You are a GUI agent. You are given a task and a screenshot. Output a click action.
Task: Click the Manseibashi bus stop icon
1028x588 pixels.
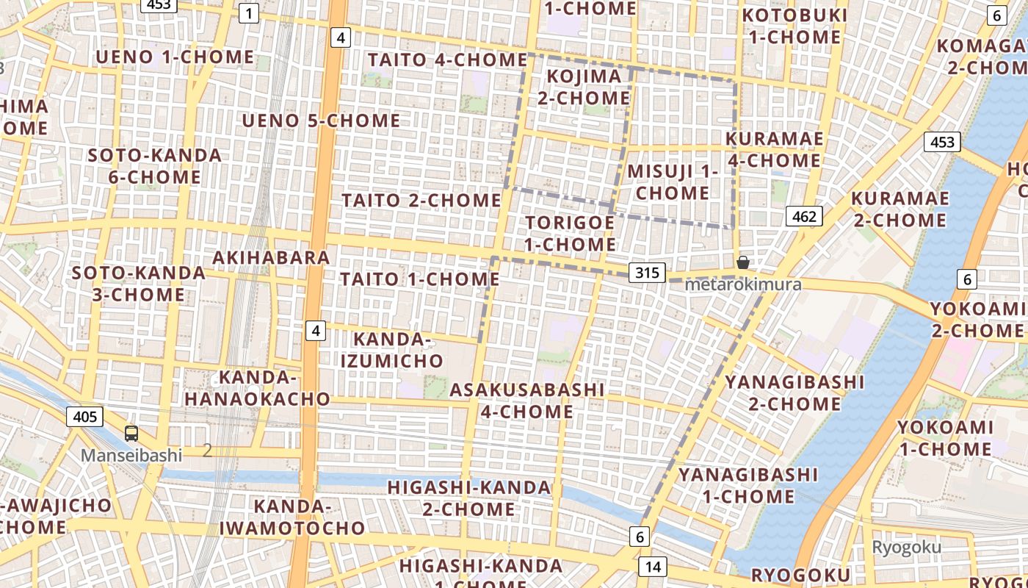point(131,434)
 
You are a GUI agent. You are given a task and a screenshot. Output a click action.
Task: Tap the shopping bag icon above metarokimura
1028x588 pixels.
point(743,262)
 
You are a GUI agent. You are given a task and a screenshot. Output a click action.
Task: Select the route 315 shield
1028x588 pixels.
point(647,273)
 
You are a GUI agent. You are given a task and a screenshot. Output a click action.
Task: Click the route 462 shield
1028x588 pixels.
point(804,216)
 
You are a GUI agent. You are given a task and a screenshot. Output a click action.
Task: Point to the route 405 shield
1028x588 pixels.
point(85,417)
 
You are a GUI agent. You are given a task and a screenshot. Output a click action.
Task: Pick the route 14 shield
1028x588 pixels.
point(652,567)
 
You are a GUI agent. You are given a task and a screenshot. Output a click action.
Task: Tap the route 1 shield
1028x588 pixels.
point(250,12)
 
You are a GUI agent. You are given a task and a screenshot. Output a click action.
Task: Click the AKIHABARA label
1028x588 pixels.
point(271,258)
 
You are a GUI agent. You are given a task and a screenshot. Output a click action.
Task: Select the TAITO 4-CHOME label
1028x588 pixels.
point(448,60)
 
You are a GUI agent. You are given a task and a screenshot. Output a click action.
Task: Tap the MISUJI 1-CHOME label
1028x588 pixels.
point(673,182)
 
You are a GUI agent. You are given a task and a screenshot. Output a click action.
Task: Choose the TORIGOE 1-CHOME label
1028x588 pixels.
point(571,233)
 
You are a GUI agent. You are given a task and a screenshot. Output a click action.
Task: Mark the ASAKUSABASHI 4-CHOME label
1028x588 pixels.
point(527,401)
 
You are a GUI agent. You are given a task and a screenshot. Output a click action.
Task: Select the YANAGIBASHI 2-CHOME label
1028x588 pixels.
point(794,393)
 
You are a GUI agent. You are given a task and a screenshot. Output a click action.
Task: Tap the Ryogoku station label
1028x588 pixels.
point(906,547)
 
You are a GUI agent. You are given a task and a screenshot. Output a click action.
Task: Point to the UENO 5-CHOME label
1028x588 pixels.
point(322,121)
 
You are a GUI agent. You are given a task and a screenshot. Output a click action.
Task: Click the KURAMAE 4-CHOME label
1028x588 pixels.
point(774,149)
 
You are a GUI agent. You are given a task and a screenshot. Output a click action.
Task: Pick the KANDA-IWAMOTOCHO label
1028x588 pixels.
point(292,517)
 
